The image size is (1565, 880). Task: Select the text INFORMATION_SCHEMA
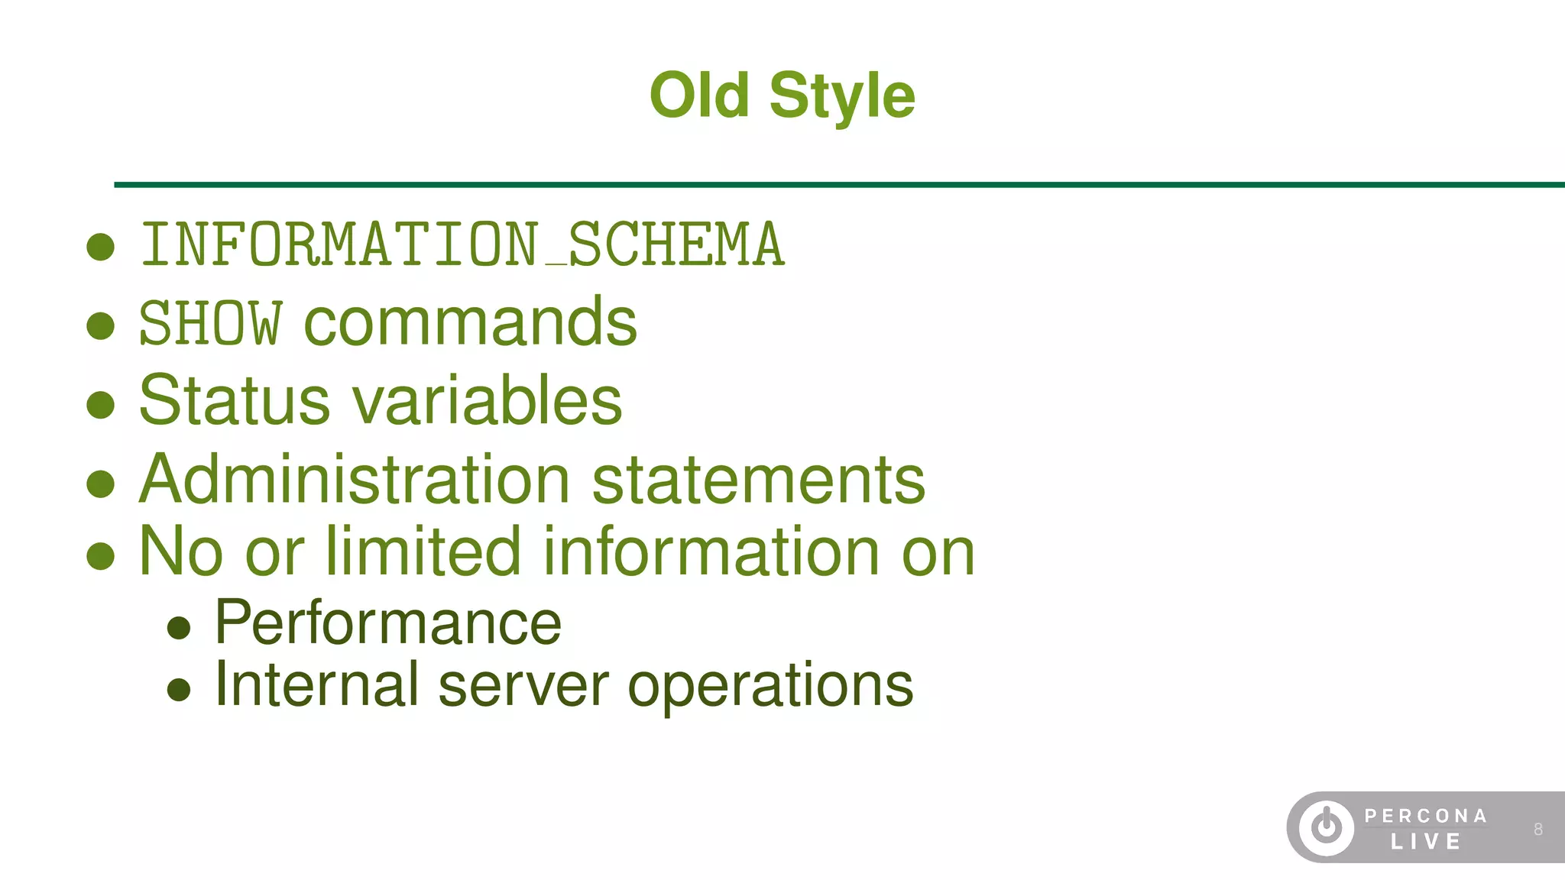click(463, 245)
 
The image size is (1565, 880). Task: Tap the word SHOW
click(210, 323)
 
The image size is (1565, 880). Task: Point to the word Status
click(234, 400)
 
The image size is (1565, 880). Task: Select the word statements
click(758, 481)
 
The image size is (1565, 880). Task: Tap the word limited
click(423, 551)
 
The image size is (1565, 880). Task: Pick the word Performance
click(388, 623)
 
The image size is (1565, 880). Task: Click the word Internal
click(316, 684)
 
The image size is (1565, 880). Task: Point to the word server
click(523, 686)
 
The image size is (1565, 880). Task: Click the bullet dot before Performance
click(179, 628)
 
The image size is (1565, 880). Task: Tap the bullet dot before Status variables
click(101, 404)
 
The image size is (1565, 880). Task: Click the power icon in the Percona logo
click(1327, 827)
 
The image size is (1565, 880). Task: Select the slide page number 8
click(1538, 830)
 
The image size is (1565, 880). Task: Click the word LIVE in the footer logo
click(1426, 842)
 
